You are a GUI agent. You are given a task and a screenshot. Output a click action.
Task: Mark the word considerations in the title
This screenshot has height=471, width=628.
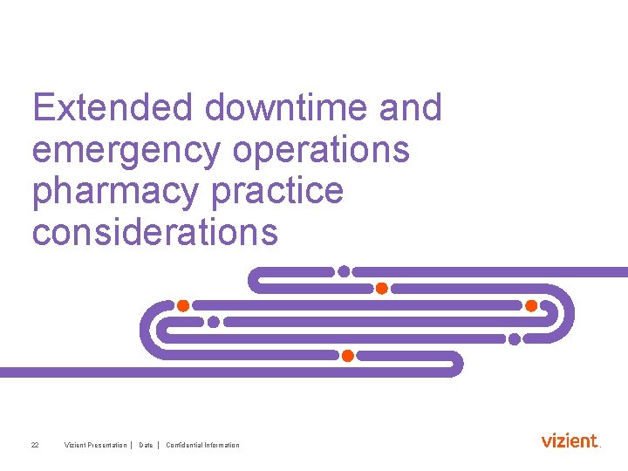pyautogui.click(x=154, y=233)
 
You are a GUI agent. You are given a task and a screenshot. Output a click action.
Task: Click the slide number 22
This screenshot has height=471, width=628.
pyautogui.click(x=35, y=446)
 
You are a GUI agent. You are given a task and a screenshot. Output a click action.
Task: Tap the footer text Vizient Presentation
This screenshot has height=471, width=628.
pyautogui.click(x=95, y=446)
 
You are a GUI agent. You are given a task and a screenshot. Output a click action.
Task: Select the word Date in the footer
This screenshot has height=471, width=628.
pyautogui.click(x=146, y=446)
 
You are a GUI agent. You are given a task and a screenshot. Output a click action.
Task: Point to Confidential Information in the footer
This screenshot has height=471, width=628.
pyautogui.click(x=202, y=446)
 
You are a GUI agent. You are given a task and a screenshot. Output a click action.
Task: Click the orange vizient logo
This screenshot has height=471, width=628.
pyautogui.click(x=570, y=440)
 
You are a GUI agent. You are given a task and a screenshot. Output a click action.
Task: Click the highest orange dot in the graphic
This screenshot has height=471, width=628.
pyautogui.click(x=381, y=288)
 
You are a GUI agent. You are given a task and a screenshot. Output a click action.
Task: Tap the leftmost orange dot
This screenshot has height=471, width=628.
pyautogui.click(x=183, y=305)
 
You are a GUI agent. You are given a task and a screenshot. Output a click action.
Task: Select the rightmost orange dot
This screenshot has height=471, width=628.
pyautogui.click(x=530, y=305)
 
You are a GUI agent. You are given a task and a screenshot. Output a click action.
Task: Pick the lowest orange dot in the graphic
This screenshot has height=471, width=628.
pyautogui.click(x=347, y=356)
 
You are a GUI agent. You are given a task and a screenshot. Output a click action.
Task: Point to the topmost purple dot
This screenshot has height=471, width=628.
pyautogui.click(x=345, y=271)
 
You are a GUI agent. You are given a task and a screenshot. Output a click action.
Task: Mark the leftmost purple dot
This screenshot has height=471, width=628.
pyautogui.click(x=214, y=322)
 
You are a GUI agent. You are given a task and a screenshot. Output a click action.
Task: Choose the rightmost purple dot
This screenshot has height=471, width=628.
pyautogui.click(x=515, y=338)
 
